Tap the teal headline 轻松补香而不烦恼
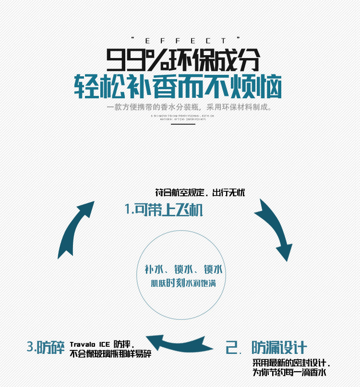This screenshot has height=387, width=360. click(x=178, y=87)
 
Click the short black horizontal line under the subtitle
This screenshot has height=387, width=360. click(x=180, y=124)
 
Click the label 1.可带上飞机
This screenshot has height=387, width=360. click(x=164, y=210)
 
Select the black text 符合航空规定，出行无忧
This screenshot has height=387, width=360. click(x=200, y=193)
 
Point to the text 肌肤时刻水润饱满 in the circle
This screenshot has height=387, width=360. click(x=183, y=283)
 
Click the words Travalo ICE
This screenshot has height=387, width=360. click(x=90, y=344)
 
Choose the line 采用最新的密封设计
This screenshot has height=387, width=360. click(x=291, y=363)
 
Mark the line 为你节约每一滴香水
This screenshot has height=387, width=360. click(x=289, y=373)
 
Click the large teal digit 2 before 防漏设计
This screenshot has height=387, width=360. click(x=233, y=348)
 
